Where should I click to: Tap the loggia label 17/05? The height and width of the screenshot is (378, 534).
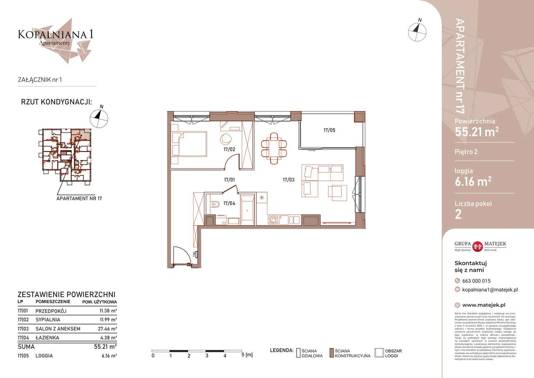tap(329, 130)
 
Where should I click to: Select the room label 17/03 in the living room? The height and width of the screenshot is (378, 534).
tap(289, 180)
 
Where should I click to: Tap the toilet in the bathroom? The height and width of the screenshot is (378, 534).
tap(215, 205)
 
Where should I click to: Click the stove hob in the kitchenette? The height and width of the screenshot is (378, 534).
tap(273, 220)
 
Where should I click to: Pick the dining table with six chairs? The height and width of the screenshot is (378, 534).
tap(274, 148)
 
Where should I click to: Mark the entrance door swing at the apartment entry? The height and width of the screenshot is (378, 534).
tap(182, 255)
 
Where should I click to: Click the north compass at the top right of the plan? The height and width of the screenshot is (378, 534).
tap(418, 31)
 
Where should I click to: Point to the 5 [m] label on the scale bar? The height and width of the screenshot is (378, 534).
tap(247, 355)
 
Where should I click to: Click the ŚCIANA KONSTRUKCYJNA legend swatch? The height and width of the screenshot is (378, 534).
tap(331, 353)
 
